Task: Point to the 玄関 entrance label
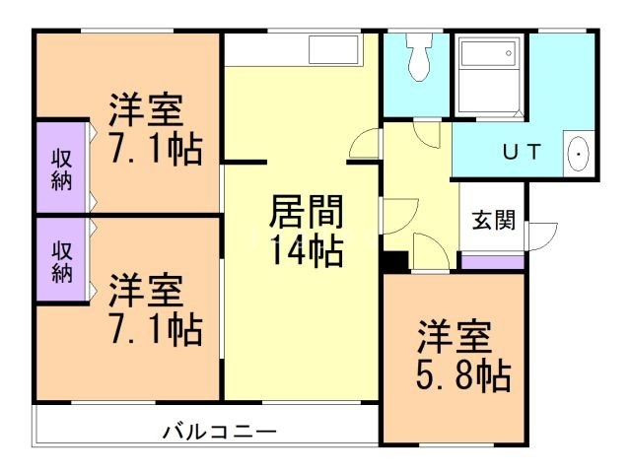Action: click(492, 220)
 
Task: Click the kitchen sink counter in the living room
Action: click(334, 48)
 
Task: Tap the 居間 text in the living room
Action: click(306, 213)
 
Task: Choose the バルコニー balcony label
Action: click(219, 432)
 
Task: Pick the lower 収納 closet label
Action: click(62, 262)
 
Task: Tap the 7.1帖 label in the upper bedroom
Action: click(156, 150)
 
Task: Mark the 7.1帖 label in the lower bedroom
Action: click(156, 328)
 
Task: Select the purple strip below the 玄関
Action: click(492, 262)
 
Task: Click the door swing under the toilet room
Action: click(427, 135)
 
